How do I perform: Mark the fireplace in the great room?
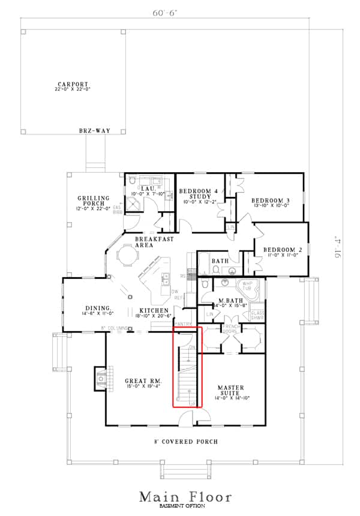[101, 377]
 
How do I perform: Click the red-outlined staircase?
[188, 367]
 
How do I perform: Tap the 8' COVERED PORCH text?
[186, 442]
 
